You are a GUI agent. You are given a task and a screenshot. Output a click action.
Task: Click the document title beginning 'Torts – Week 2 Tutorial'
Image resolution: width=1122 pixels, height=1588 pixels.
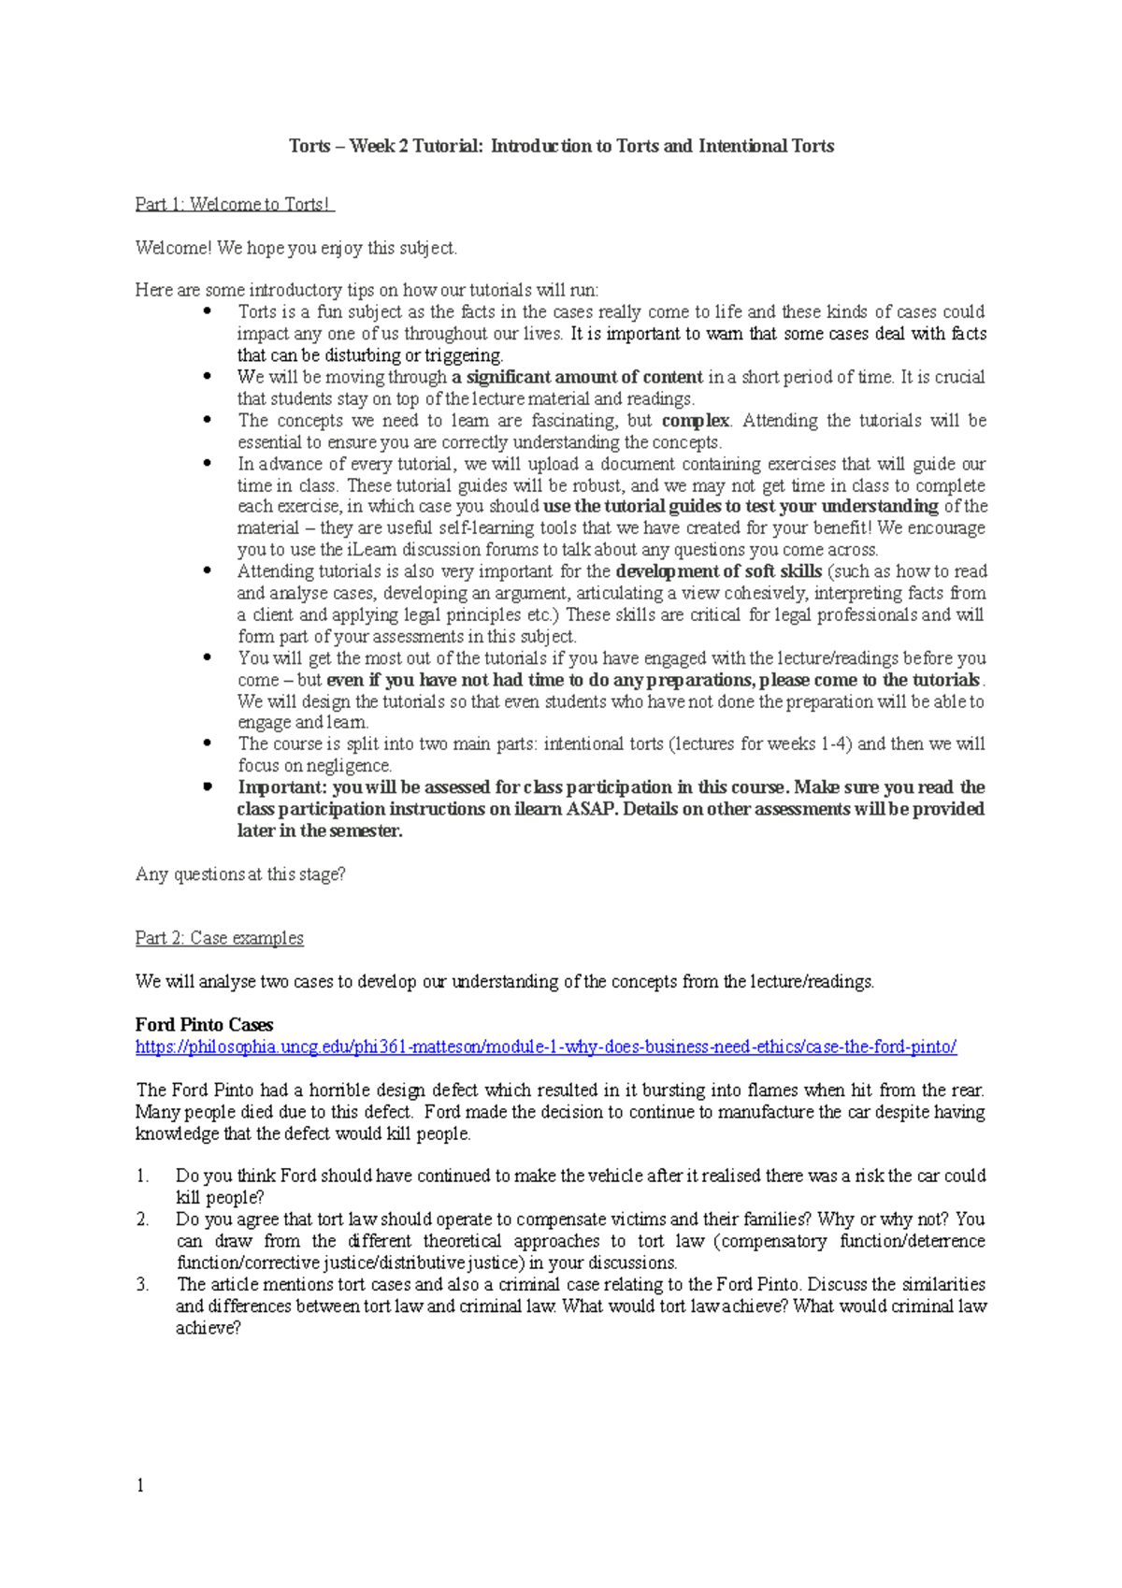coord(561,146)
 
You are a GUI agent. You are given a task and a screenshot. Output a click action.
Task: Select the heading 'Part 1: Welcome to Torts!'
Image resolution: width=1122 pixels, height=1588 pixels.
coord(234,204)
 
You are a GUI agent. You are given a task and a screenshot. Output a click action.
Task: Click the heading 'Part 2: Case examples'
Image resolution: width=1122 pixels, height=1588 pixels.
coord(220,938)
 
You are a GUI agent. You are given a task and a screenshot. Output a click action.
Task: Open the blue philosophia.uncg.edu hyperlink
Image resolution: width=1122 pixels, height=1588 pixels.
coord(546,1047)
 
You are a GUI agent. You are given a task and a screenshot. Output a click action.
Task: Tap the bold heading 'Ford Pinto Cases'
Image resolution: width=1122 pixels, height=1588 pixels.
coord(204,1025)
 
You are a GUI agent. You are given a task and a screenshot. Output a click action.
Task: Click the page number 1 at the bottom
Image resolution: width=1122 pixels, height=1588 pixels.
coord(140,1486)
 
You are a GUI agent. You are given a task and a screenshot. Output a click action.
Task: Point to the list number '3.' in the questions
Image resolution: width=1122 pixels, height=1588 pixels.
coord(142,1285)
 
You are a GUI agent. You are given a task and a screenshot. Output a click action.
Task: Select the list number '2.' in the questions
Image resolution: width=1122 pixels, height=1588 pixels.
coord(142,1220)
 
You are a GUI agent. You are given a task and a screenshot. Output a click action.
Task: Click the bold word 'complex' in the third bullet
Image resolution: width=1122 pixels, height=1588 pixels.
coord(696,421)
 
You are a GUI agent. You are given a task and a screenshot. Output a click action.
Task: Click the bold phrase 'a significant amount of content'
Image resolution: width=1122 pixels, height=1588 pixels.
coord(577,377)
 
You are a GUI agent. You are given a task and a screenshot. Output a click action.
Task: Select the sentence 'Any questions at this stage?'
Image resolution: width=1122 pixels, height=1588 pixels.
coord(240,874)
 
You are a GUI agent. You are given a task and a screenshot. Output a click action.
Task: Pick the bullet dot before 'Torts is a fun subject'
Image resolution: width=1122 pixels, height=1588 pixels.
coord(208,311)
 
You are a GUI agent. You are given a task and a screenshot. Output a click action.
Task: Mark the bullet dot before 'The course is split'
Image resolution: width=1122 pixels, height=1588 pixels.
coord(208,743)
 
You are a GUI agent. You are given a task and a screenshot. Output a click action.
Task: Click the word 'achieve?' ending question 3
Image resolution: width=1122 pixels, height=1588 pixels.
coord(208,1328)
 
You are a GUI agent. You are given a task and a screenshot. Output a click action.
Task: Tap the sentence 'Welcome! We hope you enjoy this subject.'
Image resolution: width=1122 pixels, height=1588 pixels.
coord(296,248)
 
